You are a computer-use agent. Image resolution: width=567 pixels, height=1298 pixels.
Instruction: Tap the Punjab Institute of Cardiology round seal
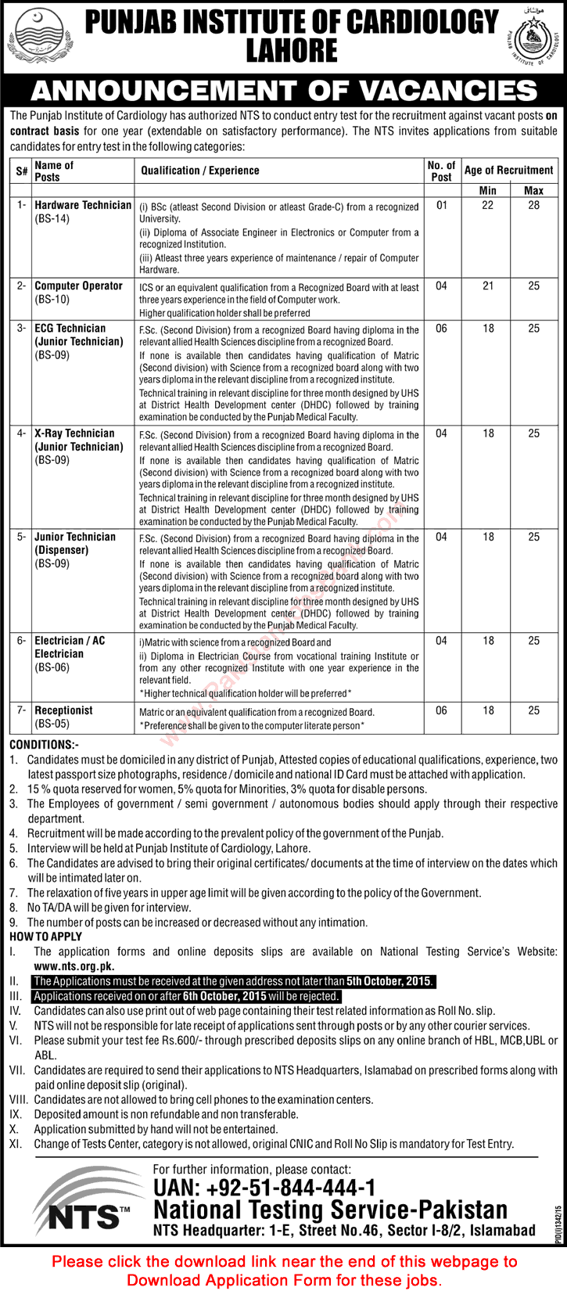(533, 38)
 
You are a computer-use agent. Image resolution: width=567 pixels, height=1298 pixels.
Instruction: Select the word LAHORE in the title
(291, 50)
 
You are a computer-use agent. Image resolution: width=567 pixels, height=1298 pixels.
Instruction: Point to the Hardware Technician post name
(83, 205)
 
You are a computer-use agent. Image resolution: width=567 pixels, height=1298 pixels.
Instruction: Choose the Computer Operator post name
(78, 286)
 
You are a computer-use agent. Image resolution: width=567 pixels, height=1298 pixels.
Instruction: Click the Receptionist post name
(63, 710)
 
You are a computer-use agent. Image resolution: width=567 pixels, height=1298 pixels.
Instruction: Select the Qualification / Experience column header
(200, 171)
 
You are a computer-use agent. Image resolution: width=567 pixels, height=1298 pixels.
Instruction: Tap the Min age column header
(487, 190)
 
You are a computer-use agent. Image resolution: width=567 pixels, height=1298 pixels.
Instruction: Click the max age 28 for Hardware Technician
(533, 205)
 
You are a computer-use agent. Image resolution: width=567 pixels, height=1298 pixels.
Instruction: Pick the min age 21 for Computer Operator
(487, 286)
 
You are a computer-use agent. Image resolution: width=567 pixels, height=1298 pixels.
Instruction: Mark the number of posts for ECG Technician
(441, 329)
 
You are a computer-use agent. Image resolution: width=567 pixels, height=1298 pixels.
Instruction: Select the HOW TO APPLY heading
(45, 937)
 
